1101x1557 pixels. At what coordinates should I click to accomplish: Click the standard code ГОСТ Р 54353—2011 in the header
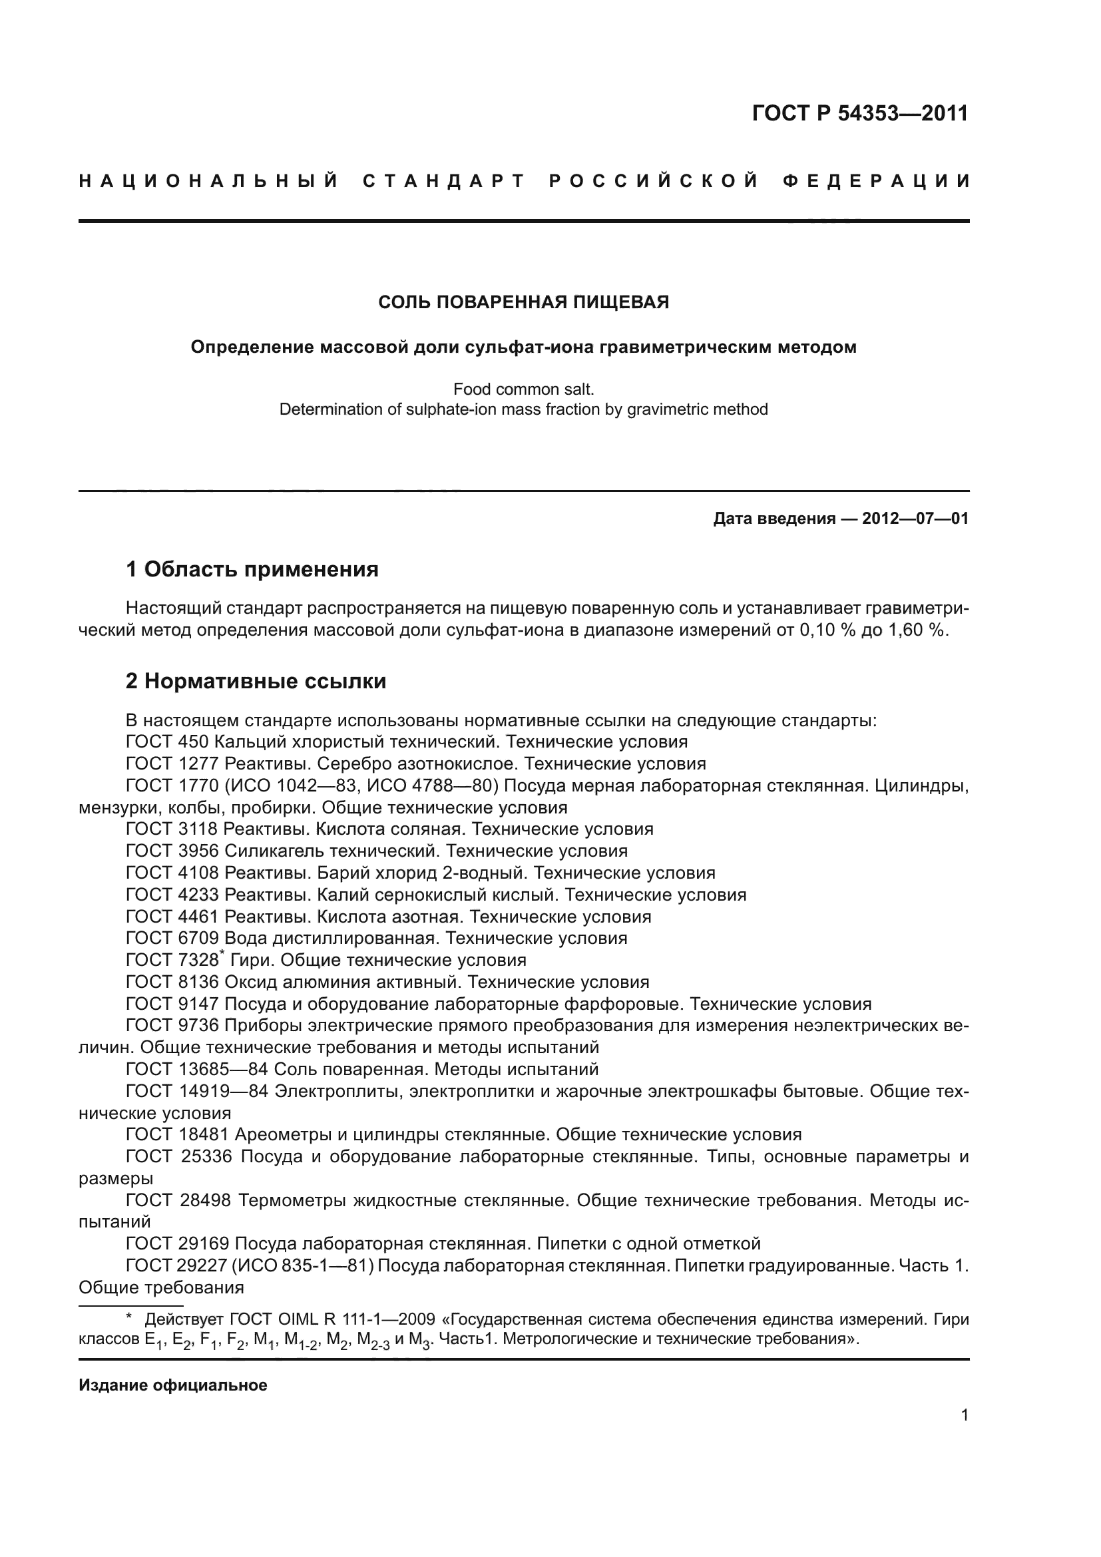(859, 113)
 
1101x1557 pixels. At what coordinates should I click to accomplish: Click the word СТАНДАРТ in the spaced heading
(444, 181)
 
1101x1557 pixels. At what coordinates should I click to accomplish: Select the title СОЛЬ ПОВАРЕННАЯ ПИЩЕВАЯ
(523, 302)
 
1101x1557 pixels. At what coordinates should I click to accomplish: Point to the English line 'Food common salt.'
(523, 389)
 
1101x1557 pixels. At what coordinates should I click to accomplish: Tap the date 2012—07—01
(915, 519)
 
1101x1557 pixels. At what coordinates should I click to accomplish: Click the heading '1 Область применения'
(252, 569)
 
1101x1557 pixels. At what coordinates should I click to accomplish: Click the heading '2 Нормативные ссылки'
(256, 681)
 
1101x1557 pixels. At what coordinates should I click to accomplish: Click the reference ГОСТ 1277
(172, 764)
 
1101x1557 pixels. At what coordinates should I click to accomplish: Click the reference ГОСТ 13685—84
(197, 1070)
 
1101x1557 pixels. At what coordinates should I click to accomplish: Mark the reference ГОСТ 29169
(178, 1243)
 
